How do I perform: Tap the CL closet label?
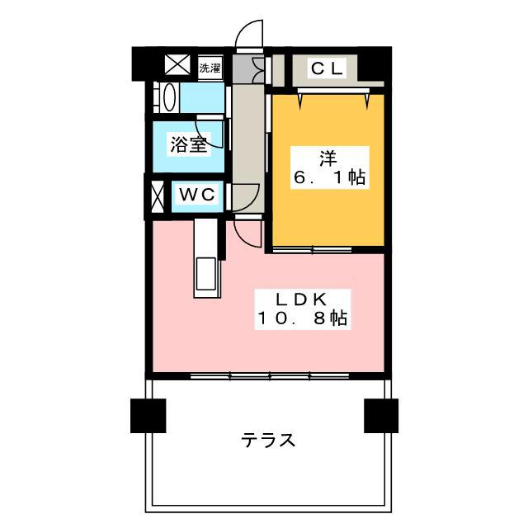point(327,69)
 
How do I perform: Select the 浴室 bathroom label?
point(188,145)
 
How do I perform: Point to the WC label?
point(198,196)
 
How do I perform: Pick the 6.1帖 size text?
point(328,177)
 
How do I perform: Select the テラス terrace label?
point(268,440)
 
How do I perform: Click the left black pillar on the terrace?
point(148,415)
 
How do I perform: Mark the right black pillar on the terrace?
point(381,415)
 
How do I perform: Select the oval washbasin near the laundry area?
point(169,97)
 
